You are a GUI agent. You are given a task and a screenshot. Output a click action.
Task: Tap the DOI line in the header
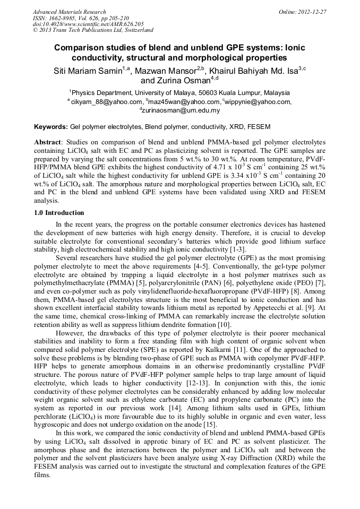88,24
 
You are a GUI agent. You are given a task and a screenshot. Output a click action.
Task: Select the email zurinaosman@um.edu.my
181,110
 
